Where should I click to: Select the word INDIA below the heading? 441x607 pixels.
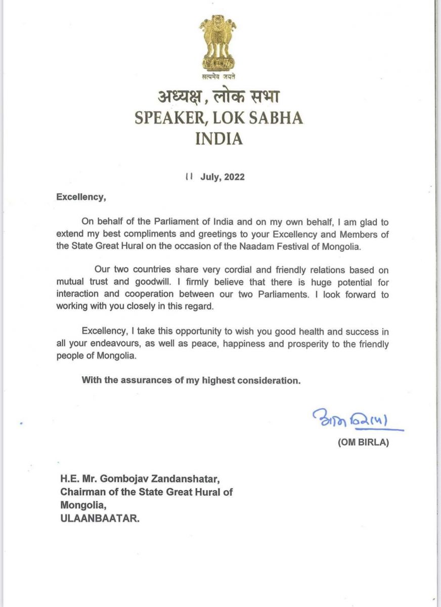pyautogui.click(x=218, y=139)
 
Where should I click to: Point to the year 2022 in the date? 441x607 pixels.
pyautogui.click(x=233, y=177)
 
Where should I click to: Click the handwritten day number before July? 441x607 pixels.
pyautogui.click(x=189, y=177)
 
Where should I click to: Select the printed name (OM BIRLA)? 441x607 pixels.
pyautogui.click(x=365, y=443)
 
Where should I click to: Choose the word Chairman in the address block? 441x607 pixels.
pyautogui.click(x=82, y=492)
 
